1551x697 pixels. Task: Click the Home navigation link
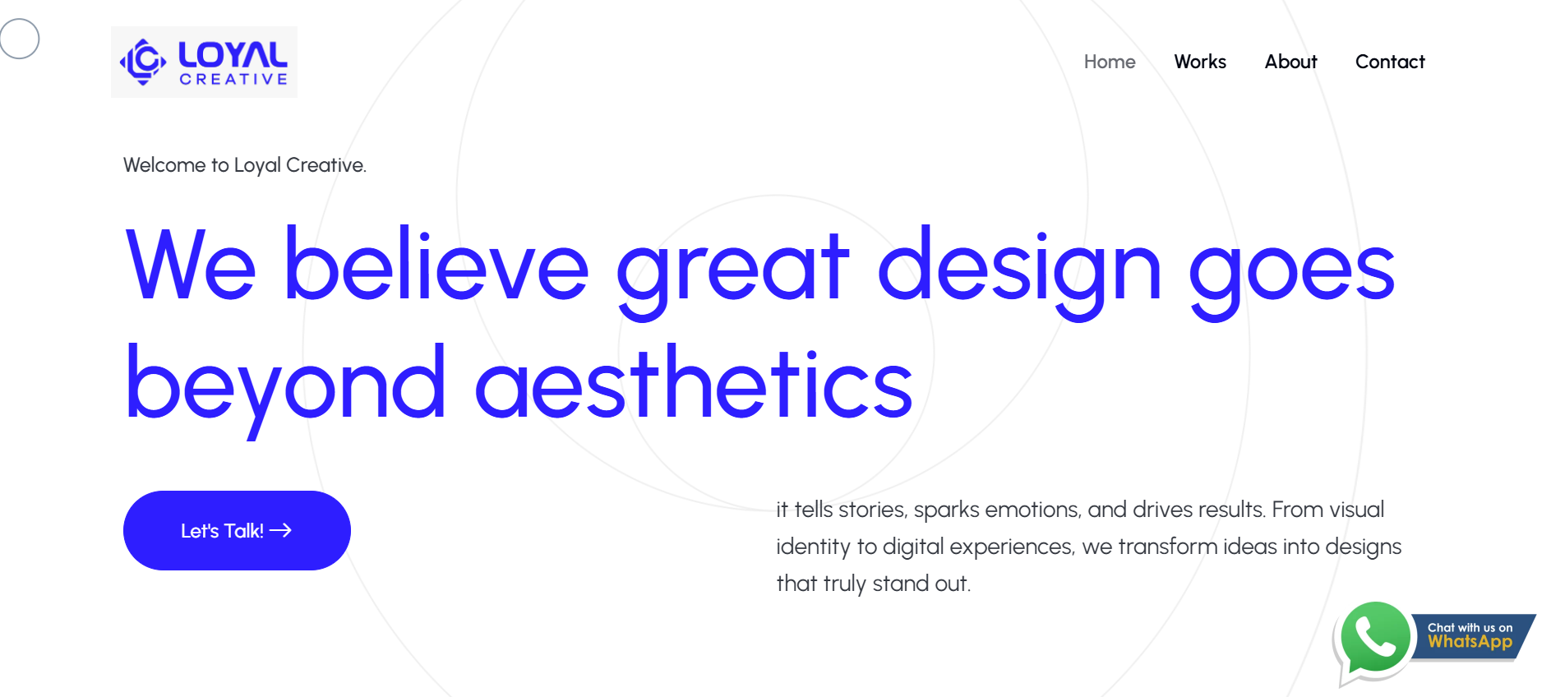(x=1110, y=62)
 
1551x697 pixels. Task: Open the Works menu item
(x=1200, y=62)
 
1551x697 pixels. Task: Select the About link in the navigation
(x=1290, y=62)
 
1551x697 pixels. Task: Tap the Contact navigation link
(x=1390, y=62)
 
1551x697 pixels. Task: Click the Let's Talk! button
(x=237, y=530)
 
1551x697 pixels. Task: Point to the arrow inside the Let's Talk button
(x=280, y=530)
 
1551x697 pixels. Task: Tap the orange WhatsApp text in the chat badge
(x=1470, y=643)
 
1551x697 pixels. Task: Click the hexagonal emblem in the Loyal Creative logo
(x=143, y=62)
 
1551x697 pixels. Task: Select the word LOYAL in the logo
(x=233, y=55)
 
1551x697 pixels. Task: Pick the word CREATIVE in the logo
(x=233, y=79)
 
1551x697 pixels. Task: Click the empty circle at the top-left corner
(x=20, y=39)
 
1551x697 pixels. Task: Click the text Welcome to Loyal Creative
(x=245, y=165)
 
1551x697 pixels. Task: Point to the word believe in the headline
(x=436, y=265)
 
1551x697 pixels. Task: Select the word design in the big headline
(x=1020, y=271)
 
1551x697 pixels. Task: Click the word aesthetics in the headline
(x=695, y=383)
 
